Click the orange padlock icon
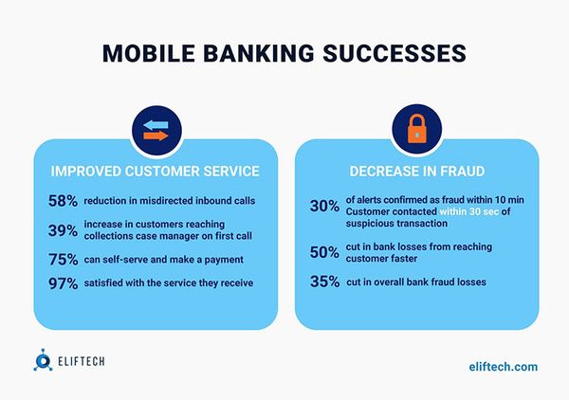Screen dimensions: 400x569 (x=417, y=131)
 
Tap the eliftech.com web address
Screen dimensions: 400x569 (x=504, y=366)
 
